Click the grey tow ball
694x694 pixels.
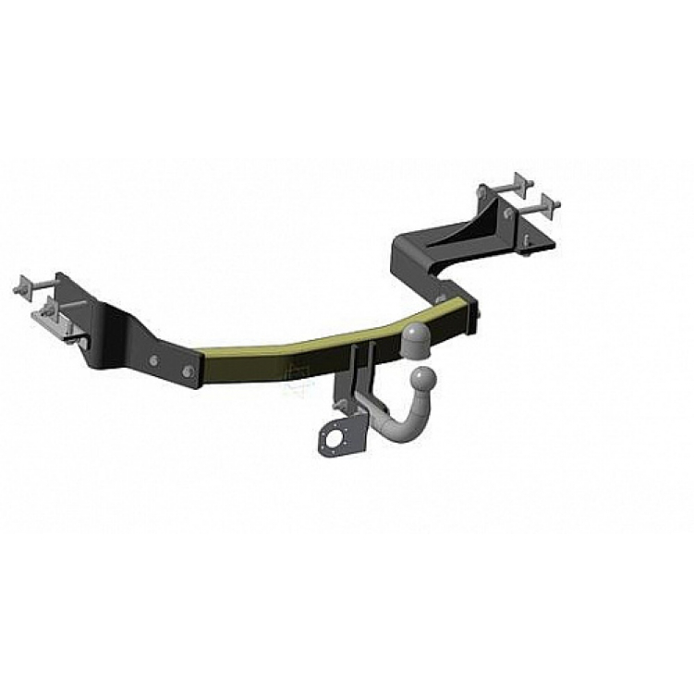[x=422, y=378]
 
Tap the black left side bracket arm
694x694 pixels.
[x=120, y=337]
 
